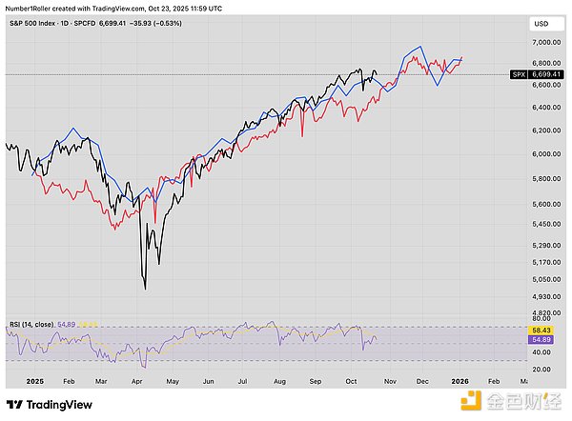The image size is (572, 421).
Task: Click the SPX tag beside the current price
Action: [x=518, y=73]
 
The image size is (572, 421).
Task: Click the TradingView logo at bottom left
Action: [x=50, y=403]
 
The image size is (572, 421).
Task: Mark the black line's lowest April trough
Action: [x=144, y=289]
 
